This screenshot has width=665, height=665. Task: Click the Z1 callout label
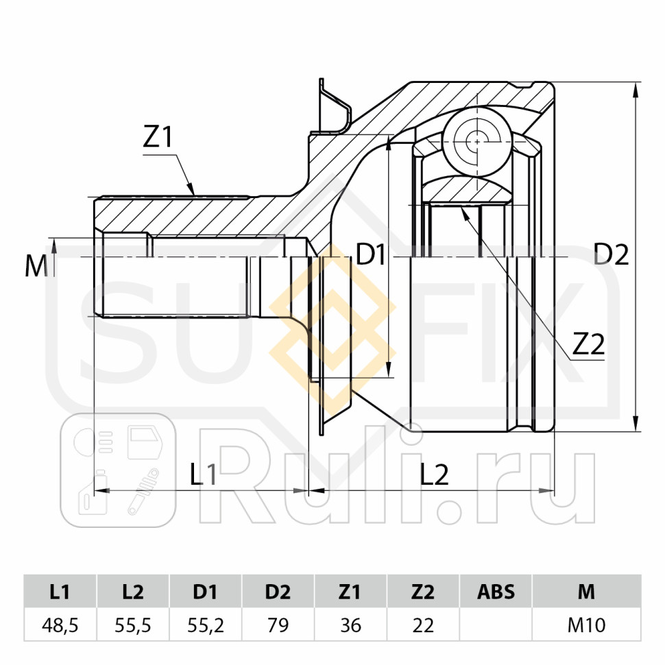click(157, 137)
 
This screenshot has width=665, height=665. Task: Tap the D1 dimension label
click(371, 255)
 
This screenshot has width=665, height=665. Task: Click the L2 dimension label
click(435, 474)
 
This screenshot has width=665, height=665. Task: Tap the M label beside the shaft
click(36, 266)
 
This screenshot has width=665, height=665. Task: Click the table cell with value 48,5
click(60, 625)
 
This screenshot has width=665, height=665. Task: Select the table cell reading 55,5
click(133, 625)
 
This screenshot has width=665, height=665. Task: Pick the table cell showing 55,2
click(206, 625)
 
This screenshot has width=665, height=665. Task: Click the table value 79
click(278, 625)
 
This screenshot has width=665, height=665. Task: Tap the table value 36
click(350, 625)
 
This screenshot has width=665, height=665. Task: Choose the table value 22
click(422, 625)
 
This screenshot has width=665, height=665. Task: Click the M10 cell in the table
click(586, 625)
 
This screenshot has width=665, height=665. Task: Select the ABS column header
click(495, 592)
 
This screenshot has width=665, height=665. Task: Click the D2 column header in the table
click(278, 592)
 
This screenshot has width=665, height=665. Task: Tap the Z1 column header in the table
click(350, 592)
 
